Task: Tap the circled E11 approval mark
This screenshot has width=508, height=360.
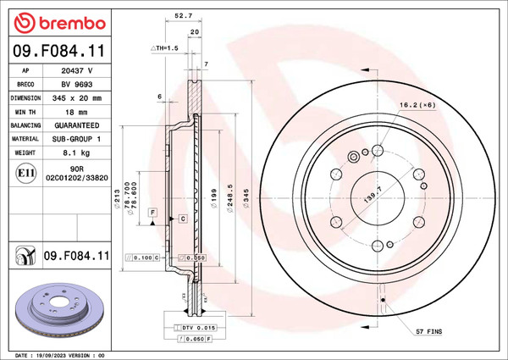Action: tap(25, 174)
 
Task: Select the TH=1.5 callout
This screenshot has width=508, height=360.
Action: tap(164, 48)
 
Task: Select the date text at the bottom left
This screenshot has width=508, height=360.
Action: tap(59, 354)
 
